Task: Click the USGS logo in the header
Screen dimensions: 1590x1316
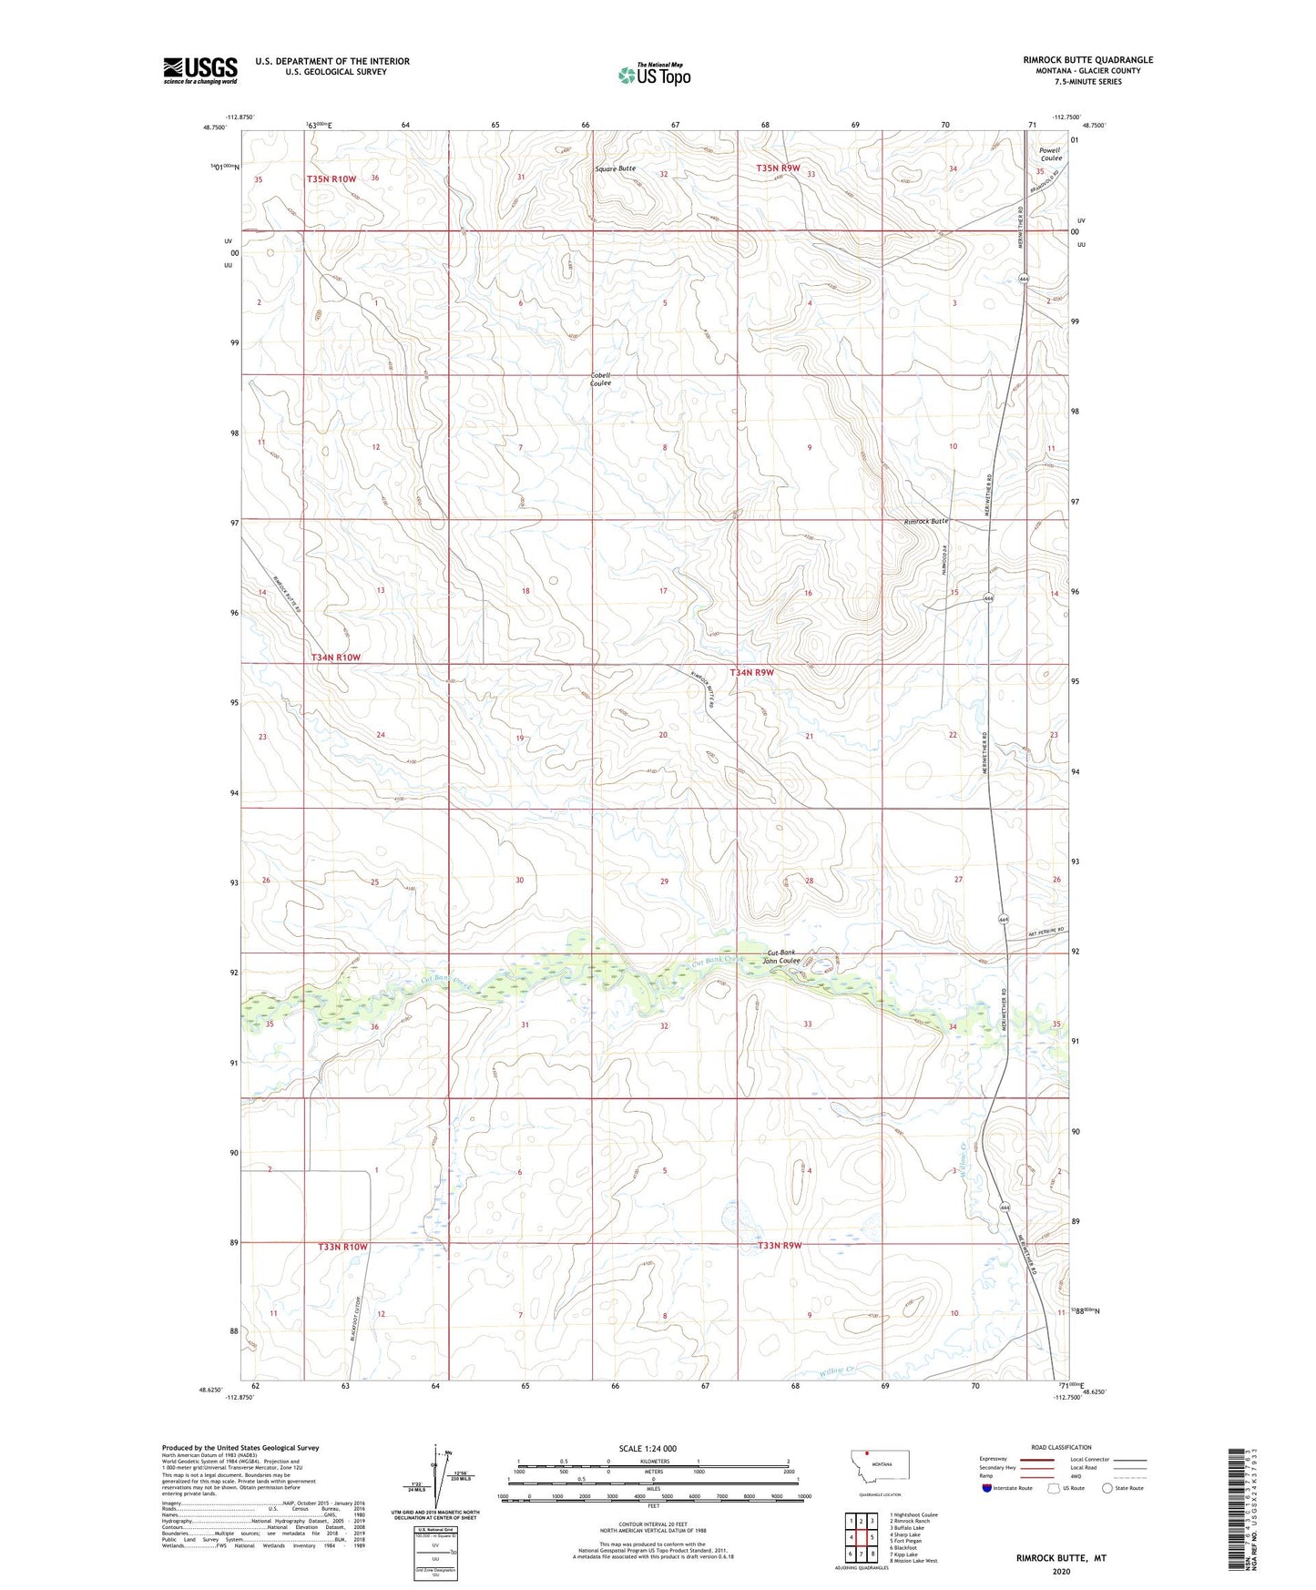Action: [200, 70]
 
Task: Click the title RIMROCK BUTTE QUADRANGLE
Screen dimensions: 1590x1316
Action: [1087, 60]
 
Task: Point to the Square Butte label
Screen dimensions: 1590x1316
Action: [616, 168]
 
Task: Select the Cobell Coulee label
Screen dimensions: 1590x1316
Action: [600, 379]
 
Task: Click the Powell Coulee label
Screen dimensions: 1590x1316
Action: [1050, 154]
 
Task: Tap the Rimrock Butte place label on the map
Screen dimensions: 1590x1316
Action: [926, 522]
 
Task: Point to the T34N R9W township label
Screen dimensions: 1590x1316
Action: [751, 672]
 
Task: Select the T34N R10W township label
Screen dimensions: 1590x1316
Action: [336, 657]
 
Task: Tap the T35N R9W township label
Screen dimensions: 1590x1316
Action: [778, 168]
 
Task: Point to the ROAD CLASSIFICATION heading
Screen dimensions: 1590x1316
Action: [1061, 1447]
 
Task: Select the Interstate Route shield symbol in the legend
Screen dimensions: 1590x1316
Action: [987, 1488]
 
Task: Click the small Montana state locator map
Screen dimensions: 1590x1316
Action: [879, 1466]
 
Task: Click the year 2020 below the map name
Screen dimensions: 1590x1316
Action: [1061, 1571]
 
